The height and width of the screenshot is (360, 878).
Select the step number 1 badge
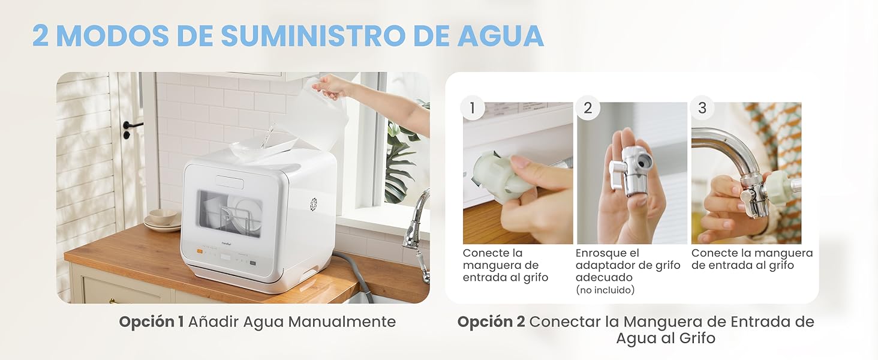(473, 108)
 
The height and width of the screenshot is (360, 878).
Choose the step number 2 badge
(587, 108)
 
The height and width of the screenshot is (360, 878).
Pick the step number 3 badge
(702, 108)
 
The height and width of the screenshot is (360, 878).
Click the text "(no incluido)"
(605, 290)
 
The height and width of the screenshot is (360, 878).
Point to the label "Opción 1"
(151, 322)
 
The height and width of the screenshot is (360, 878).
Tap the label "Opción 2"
(490, 322)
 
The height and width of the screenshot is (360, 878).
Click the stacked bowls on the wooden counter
(162, 220)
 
